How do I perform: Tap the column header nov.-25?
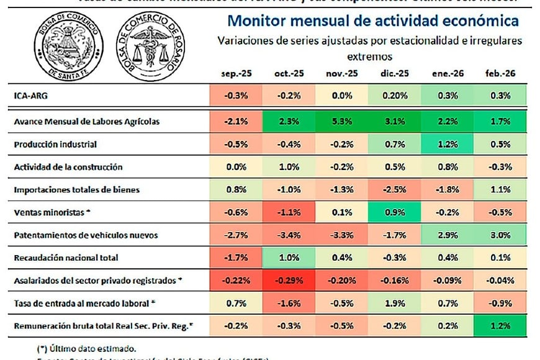(x=342, y=73)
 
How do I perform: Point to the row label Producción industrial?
(x=56, y=144)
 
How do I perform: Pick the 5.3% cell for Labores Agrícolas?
(x=342, y=122)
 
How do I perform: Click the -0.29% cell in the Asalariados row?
(x=289, y=281)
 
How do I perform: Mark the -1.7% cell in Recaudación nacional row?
(x=236, y=258)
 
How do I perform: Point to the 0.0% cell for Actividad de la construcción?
(x=236, y=167)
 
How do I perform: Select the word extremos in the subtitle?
(x=369, y=56)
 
